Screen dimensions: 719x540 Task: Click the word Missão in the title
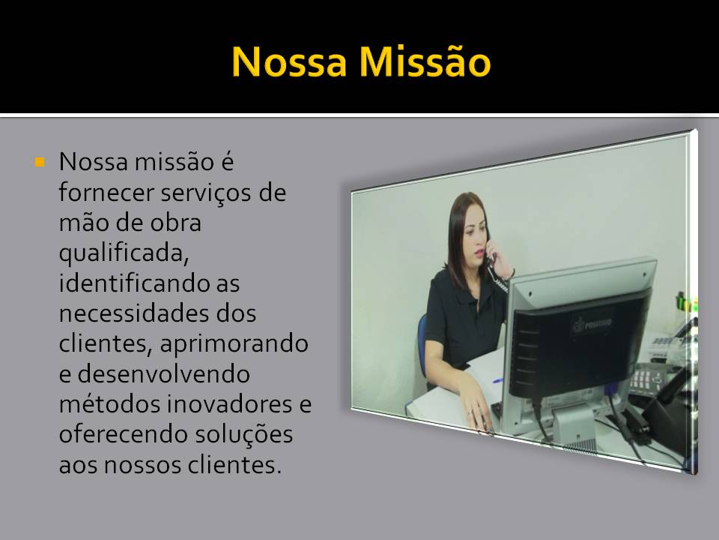pos(425,61)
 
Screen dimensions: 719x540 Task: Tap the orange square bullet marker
pos(40,162)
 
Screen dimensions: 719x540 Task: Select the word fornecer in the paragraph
pos(106,192)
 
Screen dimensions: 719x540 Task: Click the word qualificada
pos(124,253)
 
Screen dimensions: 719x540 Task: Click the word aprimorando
pos(234,345)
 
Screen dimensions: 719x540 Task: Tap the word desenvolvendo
pos(164,373)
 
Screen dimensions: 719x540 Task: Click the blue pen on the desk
pos(497,380)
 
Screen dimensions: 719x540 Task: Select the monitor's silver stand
pos(573,424)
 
